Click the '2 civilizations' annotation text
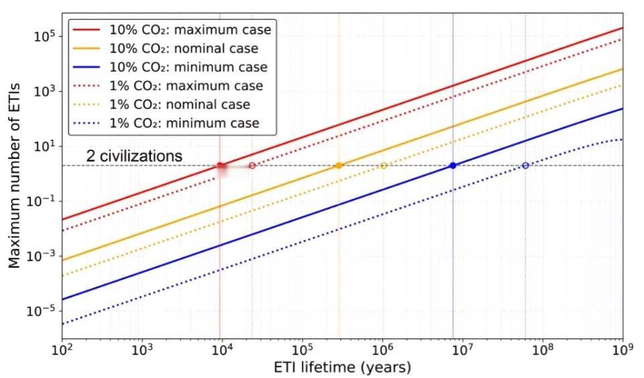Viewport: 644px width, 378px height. [x=134, y=156]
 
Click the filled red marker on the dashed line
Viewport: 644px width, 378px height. [x=220, y=165]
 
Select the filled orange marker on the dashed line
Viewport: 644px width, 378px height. [x=339, y=165]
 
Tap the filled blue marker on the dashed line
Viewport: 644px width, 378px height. [x=453, y=165]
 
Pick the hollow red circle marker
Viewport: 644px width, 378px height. [x=252, y=165]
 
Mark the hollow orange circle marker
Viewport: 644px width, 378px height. [x=384, y=165]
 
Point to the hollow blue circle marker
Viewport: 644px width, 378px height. [x=525, y=165]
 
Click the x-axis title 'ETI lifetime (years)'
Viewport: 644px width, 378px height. [x=342, y=368]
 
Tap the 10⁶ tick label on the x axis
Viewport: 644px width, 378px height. [x=382, y=350]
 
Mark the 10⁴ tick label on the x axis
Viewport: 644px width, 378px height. [x=222, y=350]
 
